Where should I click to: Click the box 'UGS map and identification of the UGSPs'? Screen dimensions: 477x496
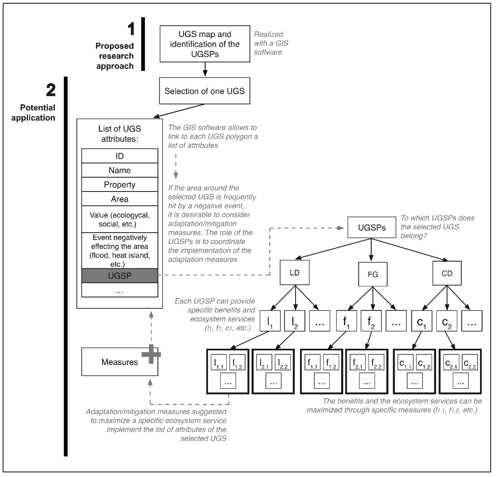205,44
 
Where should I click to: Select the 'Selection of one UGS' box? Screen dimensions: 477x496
205,91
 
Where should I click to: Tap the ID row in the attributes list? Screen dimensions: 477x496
120,156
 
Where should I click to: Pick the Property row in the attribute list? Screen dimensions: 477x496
120,184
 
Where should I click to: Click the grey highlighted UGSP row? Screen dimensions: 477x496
120,276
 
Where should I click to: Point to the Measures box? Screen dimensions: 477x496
120,362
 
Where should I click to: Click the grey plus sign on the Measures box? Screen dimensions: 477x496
151,354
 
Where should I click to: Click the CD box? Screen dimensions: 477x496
447,273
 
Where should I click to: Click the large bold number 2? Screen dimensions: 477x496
51,90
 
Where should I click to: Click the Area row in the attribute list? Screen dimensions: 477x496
120,199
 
